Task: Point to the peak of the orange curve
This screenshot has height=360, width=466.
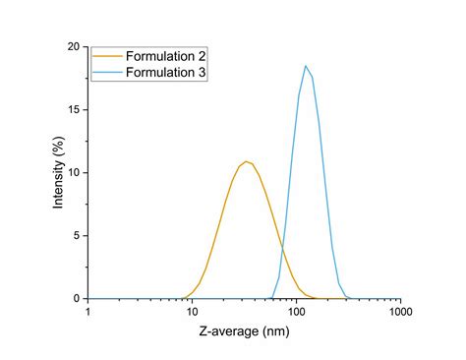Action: click(247, 161)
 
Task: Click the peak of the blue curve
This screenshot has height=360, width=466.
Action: click(306, 66)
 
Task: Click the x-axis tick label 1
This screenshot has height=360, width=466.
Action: click(88, 312)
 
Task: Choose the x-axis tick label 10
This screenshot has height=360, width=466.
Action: click(193, 312)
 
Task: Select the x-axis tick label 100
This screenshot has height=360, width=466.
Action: click(297, 312)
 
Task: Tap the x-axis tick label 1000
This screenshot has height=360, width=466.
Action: click(400, 312)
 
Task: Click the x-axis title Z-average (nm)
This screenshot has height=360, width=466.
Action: click(244, 333)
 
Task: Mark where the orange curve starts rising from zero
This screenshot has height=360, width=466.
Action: click(183, 297)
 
